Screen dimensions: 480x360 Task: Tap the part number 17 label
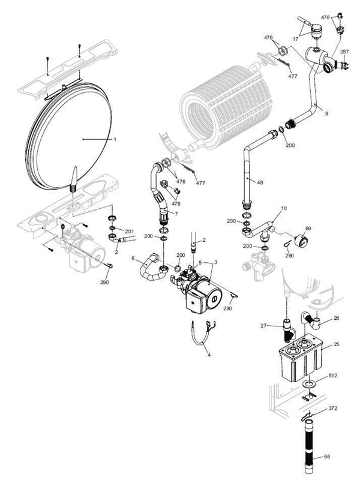[x=295, y=38]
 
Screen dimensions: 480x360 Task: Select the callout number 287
[x=344, y=52]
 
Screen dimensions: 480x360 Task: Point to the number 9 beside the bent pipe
[x=326, y=113]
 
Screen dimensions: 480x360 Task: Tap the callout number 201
[x=128, y=231]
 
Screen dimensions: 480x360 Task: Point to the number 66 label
[x=327, y=457]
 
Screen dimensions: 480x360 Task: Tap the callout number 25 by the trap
[x=336, y=344]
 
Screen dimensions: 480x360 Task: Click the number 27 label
[x=262, y=326]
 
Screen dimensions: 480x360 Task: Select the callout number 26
[x=336, y=318]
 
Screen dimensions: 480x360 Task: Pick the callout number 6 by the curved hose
[x=133, y=258]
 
